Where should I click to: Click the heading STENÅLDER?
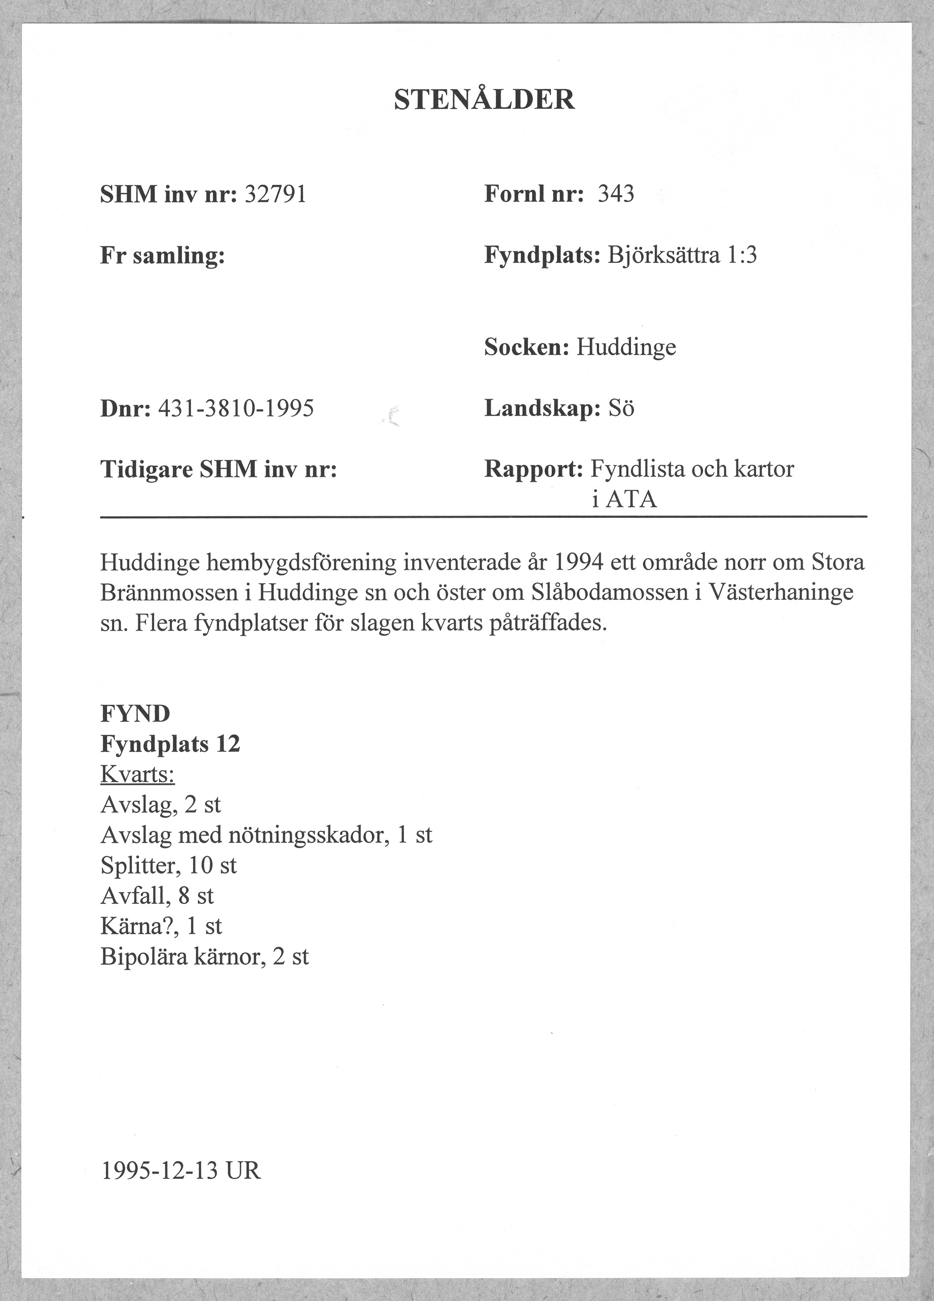(483, 100)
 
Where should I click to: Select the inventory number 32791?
(275, 195)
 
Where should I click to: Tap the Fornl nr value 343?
(616, 194)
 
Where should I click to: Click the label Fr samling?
(162, 255)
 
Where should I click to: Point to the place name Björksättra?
(663, 255)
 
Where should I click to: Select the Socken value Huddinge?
(626, 347)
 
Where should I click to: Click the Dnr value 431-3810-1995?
(236, 408)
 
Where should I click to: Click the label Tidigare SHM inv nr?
(218, 470)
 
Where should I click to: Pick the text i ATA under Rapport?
(624, 500)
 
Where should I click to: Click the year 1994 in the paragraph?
(579, 562)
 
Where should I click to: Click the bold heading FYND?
(135, 714)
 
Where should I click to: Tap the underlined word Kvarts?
(138, 775)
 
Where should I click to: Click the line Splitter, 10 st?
(169, 866)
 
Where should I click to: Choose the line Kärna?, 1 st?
(161, 926)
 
